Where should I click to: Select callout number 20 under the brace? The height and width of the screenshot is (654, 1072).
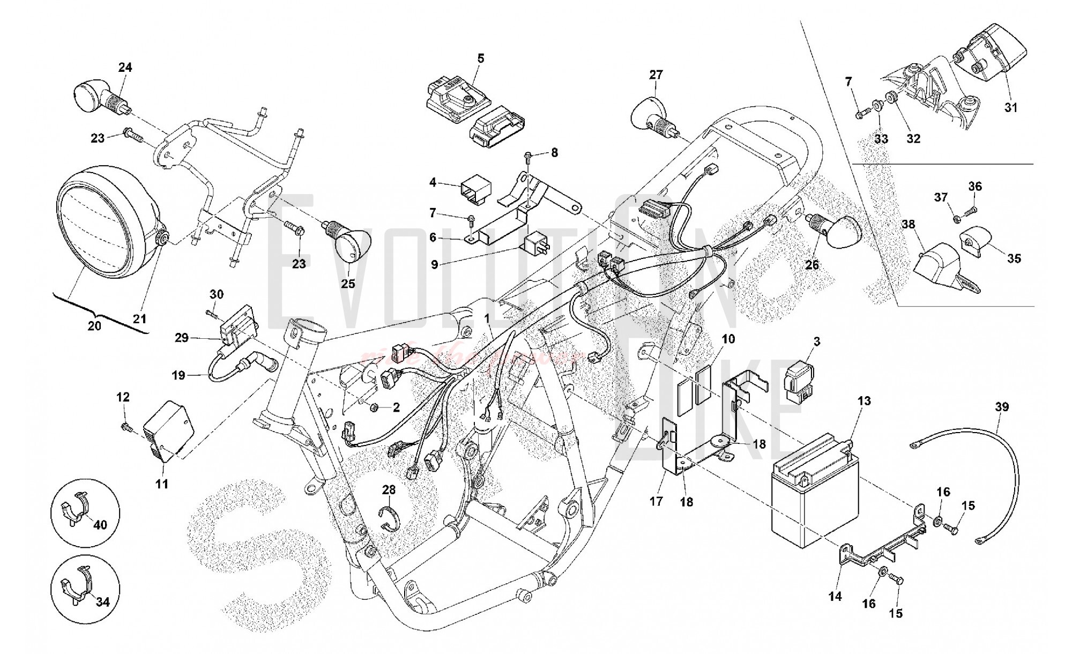pos(94,325)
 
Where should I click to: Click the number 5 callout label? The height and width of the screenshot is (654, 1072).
pos(480,58)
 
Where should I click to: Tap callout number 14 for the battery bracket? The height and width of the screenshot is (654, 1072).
pos(835,596)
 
